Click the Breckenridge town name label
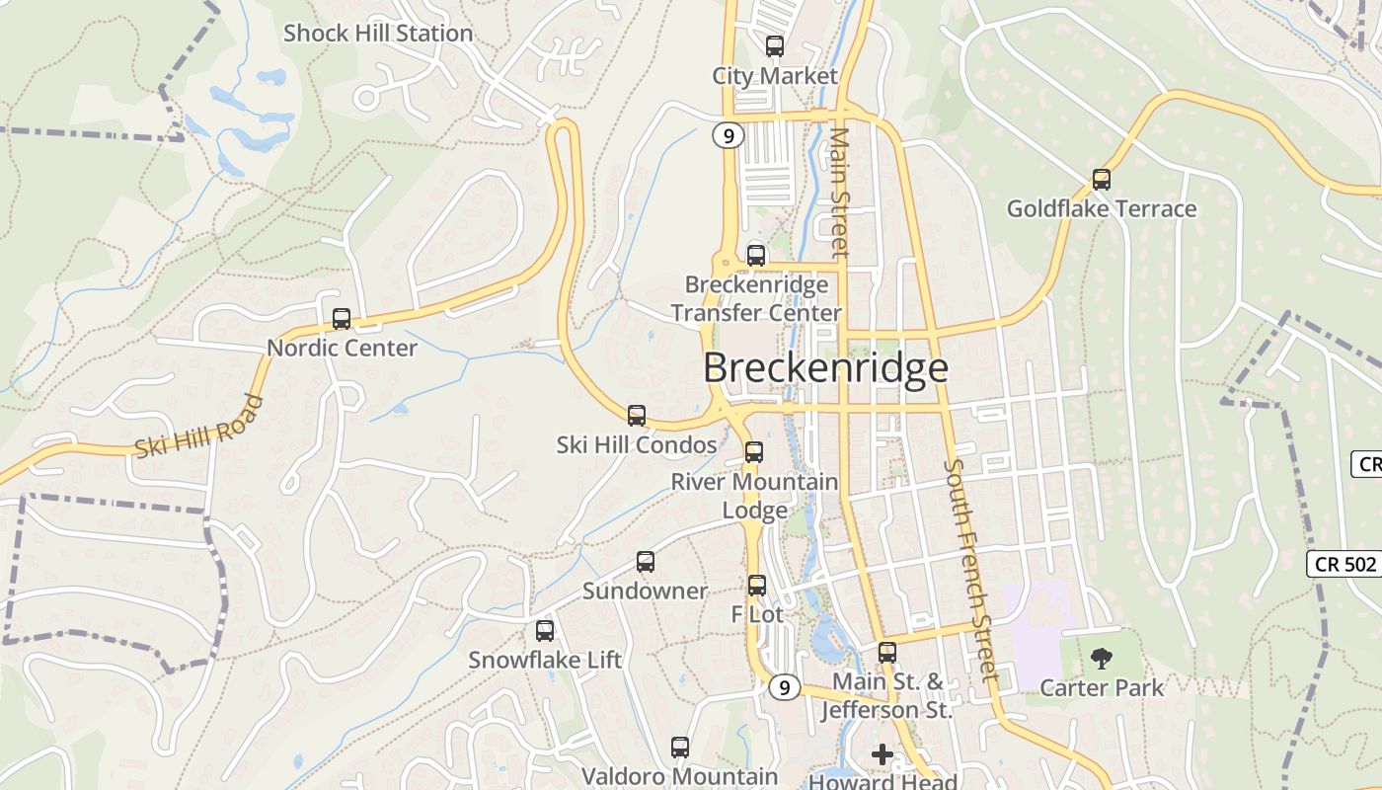(x=825, y=368)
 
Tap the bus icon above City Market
(x=775, y=45)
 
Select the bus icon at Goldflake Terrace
(x=1102, y=180)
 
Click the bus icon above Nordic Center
(x=342, y=319)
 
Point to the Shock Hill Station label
(x=378, y=34)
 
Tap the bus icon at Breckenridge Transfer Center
(x=756, y=256)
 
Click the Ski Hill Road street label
(x=200, y=427)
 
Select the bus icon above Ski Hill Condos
(x=637, y=416)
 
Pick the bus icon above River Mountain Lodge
(x=754, y=452)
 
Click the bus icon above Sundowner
(x=646, y=562)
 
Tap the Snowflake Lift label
(x=545, y=660)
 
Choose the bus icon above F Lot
(x=757, y=586)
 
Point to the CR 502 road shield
(x=1344, y=564)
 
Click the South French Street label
(x=972, y=570)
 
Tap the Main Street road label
(x=839, y=192)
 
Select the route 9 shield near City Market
(x=728, y=136)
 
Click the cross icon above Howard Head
(x=883, y=754)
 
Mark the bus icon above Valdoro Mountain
(x=680, y=748)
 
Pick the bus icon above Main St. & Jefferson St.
(x=887, y=653)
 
